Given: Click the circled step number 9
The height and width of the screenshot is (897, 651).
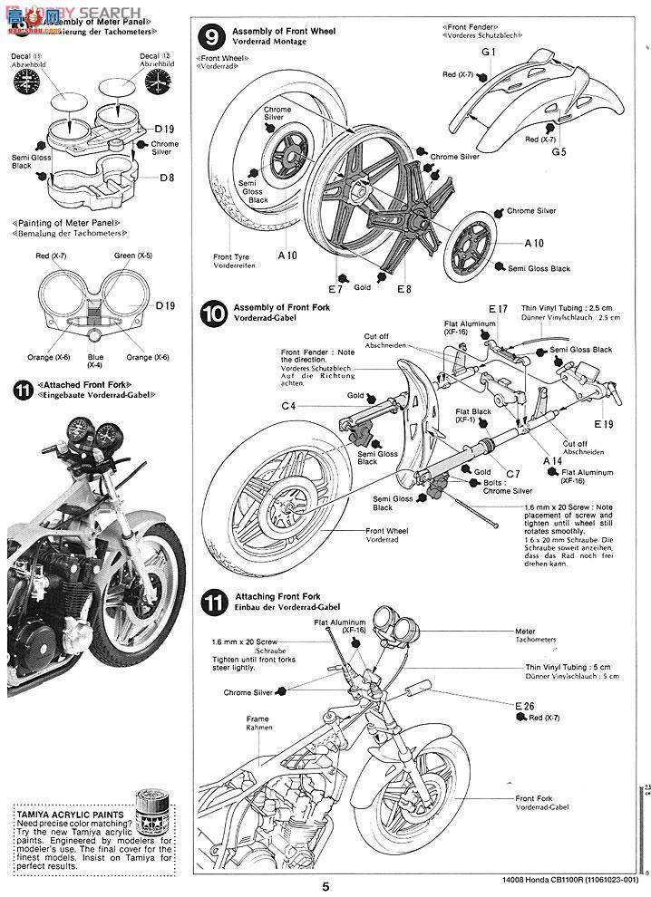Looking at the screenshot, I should click(209, 38).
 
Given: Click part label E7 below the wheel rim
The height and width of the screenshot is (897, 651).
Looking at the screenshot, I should click(335, 289).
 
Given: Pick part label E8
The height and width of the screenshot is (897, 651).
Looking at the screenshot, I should click(403, 289).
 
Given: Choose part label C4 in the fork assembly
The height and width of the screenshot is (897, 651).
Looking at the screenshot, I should click(288, 406).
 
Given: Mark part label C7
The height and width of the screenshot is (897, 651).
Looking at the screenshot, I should click(512, 474).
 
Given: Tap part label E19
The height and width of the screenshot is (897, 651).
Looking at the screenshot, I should click(604, 424).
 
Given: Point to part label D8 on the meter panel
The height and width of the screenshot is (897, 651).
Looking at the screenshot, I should click(166, 178).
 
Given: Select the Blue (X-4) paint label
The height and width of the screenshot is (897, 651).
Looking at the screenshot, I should click(95, 361).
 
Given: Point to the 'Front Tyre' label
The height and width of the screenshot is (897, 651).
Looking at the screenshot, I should click(232, 256).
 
